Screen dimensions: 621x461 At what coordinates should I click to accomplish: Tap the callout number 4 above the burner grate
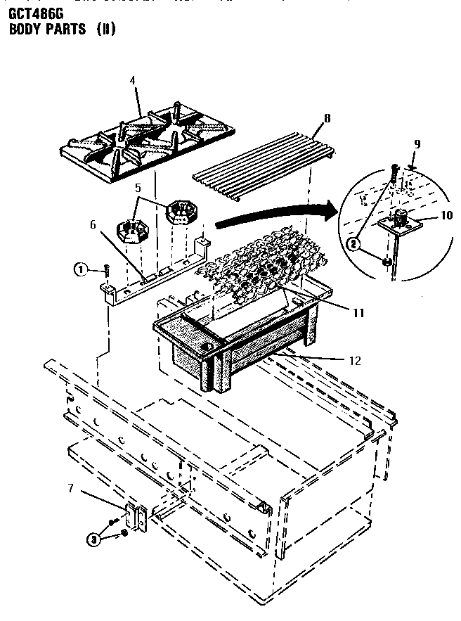coord(131,79)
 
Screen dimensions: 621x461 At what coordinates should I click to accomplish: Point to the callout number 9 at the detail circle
coord(417,143)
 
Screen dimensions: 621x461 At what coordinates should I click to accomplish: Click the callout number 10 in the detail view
coord(447,215)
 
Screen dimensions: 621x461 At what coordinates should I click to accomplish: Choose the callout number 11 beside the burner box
coord(358,312)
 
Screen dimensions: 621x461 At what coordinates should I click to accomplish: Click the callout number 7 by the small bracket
coord(71,486)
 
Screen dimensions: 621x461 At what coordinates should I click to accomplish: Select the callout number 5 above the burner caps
coord(138,188)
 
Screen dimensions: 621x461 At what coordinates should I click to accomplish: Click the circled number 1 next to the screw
coord(82,269)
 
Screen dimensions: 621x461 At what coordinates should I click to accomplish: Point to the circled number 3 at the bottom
coord(91,539)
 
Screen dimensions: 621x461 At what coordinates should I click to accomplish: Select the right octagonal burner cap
coord(181,210)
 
